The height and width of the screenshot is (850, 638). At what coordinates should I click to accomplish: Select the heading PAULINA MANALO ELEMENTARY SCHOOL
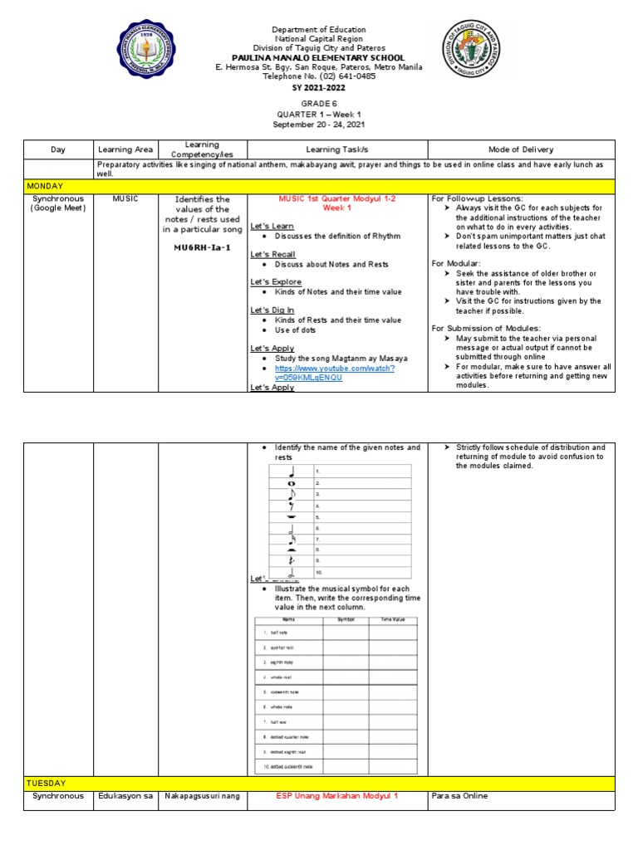coord(318,58)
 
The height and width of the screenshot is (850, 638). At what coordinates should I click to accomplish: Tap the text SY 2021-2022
coord(318,87)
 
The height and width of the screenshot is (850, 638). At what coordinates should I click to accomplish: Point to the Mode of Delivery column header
coord(521,149)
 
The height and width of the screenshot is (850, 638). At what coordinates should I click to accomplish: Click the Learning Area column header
coord(125,149)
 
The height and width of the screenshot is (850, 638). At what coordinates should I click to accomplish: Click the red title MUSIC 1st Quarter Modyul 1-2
coord(343,199)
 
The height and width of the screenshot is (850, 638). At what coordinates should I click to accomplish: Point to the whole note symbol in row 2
coord(292,483)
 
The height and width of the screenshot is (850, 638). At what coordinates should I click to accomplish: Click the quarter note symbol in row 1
coord(292,471)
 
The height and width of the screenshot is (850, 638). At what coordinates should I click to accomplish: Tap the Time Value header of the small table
coord(393,619)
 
